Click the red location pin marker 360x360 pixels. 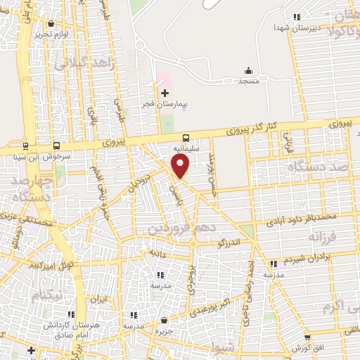tap(181, 167)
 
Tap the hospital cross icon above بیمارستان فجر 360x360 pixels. tap(165, 93)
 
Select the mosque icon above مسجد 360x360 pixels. tap(248, 70)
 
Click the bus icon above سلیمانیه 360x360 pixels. tap(186, 138)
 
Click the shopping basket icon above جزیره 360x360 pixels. tap(165, 320)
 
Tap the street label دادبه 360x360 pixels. tap(156, 251)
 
